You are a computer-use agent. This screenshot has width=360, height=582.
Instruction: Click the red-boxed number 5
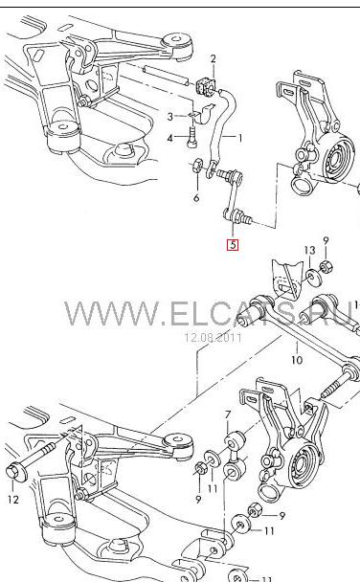(233, 245)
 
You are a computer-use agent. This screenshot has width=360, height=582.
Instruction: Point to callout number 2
(213, 58)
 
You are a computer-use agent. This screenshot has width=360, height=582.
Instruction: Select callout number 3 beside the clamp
(170, 117)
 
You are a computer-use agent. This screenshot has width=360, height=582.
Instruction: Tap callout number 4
(170, 139)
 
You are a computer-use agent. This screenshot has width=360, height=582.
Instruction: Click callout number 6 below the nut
(196, 198)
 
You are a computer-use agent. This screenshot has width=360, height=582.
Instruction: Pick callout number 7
(228, 414)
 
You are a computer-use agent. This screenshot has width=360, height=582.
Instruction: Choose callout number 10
(297, 359)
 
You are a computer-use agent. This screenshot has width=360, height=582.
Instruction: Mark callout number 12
(13, 500)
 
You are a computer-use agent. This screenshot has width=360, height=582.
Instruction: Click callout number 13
(310, 251)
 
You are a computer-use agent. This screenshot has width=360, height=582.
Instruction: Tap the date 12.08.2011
(213, 337)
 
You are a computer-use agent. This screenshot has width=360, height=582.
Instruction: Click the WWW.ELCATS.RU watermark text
(209, 313)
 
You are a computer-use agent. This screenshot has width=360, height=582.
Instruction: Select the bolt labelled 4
(191, 138)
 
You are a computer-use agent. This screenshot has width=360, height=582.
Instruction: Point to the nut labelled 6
(197, 165)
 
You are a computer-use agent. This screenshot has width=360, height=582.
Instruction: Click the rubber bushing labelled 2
(205, 87)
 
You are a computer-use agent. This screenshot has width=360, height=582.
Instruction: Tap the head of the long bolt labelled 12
(16, 470)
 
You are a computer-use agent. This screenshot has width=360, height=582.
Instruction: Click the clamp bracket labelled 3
(202, 114)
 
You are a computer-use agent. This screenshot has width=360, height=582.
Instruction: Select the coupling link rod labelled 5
(234, 197)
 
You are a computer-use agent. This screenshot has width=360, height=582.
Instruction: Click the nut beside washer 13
(326, 266)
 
